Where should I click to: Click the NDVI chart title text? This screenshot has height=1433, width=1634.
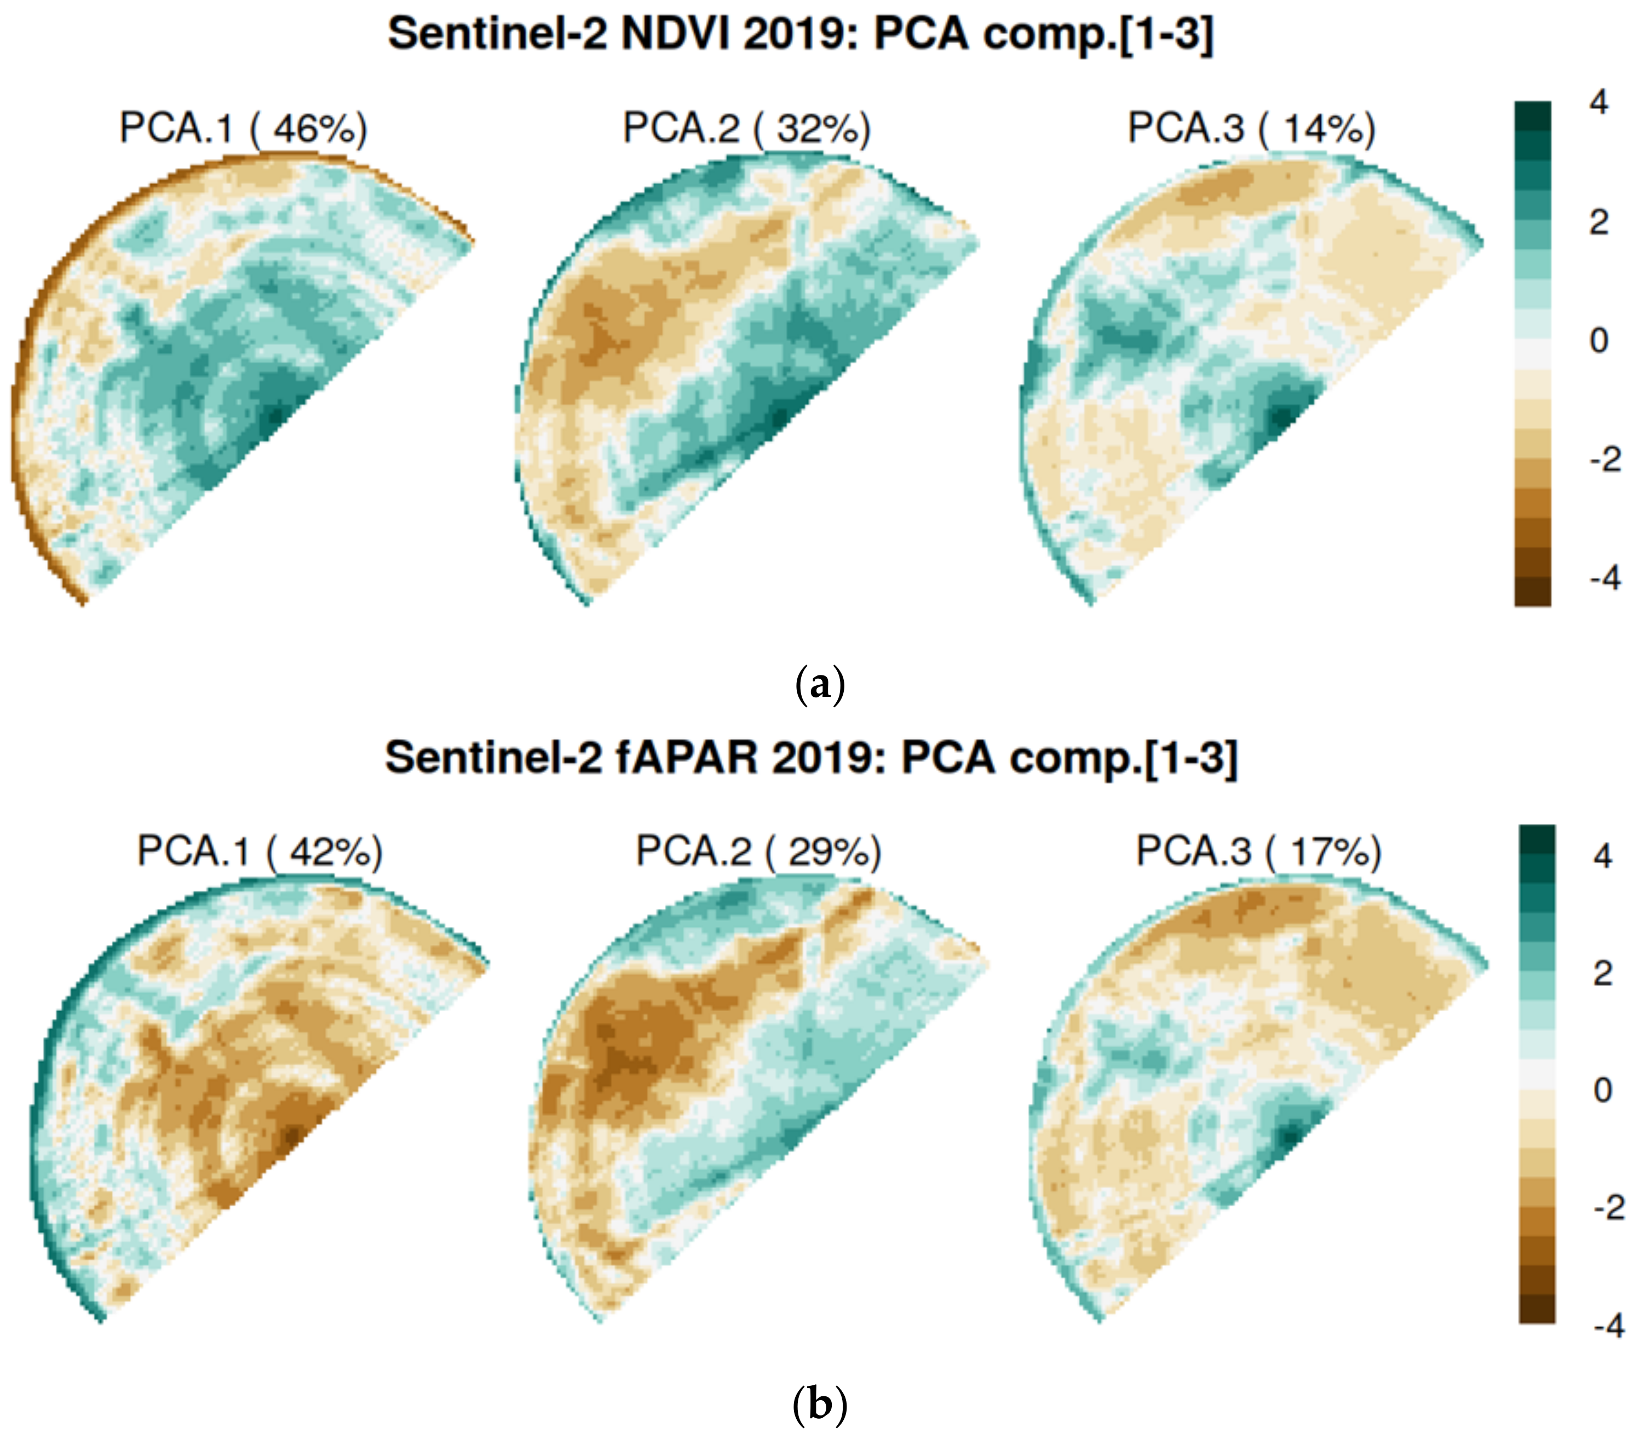tap(800, 35)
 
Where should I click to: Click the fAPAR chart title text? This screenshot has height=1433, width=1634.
tap(812, 757)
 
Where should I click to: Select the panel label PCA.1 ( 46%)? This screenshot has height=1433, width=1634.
tap(243, 128)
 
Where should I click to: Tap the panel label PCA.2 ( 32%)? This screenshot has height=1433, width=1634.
tap(747, 128)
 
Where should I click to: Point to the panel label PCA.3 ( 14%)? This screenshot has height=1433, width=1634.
tap(1251, 128)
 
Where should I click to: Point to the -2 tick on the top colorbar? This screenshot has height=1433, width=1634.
tap(1604, 459)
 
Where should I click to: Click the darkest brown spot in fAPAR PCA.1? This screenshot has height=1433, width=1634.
tap(292, 1134)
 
